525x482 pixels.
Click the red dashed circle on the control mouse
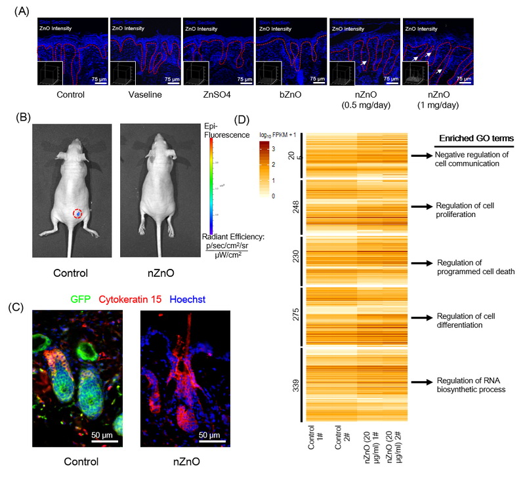77,214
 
